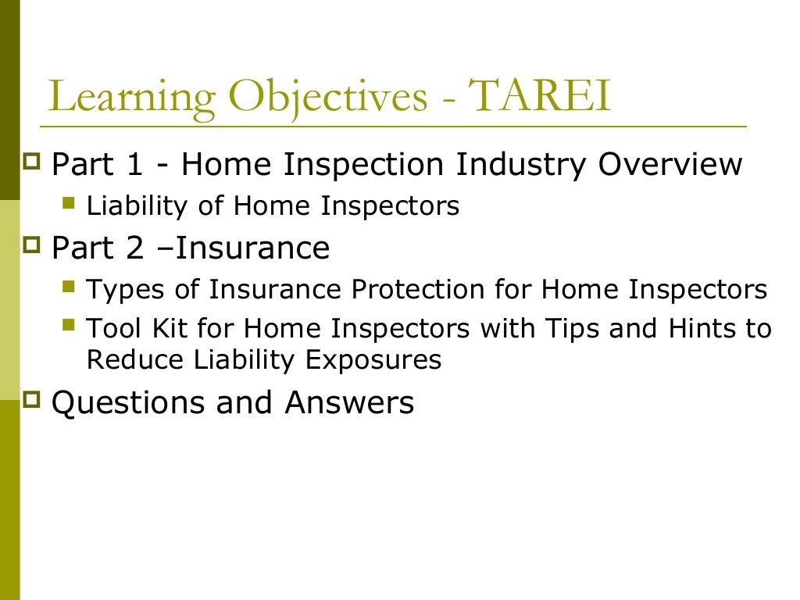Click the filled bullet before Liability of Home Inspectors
click(69, 204)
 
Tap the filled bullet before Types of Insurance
click(69, 287)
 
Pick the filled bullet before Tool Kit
click(69, 324)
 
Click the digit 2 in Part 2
click(134, 248)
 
